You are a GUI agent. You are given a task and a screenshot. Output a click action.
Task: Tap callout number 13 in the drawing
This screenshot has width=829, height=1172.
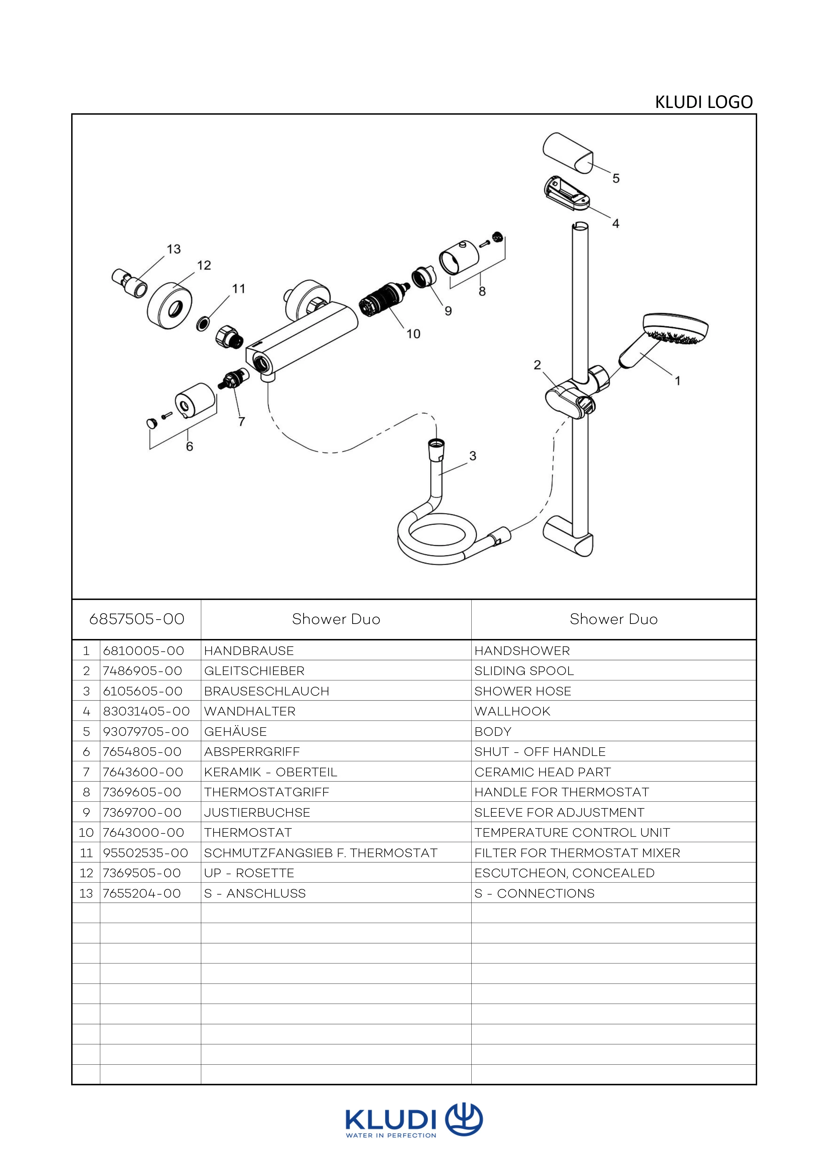tap(173, 249)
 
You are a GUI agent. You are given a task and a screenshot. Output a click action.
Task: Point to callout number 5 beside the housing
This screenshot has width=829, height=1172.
tap(616, 179)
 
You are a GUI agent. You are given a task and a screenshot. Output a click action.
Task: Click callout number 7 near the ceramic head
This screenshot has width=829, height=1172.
tap(241, 422)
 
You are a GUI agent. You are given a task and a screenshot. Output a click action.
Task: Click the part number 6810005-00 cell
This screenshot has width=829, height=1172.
tap(143, 651)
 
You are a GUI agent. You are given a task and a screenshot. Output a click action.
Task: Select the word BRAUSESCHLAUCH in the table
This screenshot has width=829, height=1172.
tap(266, 691)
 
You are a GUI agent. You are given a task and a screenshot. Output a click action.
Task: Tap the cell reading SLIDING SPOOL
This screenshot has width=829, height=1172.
tap(524, 671)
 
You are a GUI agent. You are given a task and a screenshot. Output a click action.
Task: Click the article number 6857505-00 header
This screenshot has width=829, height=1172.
tap(136, 619)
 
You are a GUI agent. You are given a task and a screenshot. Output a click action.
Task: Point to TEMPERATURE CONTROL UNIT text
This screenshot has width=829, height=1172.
tap(572, 832)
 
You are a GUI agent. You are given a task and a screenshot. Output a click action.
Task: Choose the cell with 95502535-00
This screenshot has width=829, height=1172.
tap(145, 853)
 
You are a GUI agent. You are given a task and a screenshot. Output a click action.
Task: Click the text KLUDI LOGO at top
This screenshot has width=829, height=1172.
tap(703, 102)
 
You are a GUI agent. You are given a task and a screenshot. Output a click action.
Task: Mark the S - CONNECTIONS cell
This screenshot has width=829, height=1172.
tap(534, 893)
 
